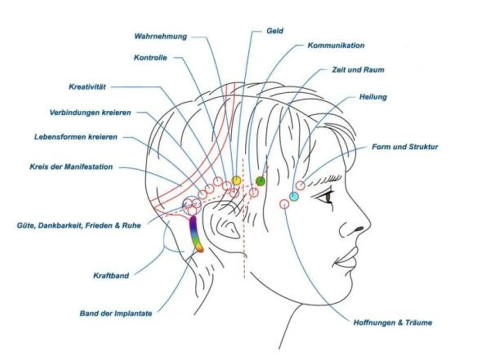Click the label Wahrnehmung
(160, 36)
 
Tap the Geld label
(275, 31)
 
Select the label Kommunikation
(336, 45)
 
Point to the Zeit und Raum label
(358, 70)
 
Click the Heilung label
(373, 97)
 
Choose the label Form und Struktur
(405, 147)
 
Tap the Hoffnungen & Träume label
(392, 323)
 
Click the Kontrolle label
(150, 58)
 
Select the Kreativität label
(87, 87)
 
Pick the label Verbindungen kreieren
(90, 113)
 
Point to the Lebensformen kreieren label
(75, 137)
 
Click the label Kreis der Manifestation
(71, 167)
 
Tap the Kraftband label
(111, 276)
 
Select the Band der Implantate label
(116, 314)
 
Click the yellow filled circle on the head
(236, 180)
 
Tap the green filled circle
(260, 181)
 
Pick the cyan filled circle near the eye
(294, 196)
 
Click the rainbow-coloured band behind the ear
(195, 234)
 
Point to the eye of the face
(327, 197)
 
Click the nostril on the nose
(358, 228)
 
